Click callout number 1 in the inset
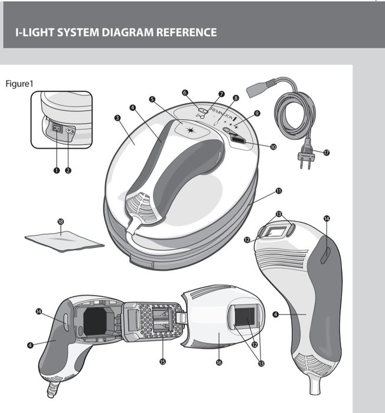coord(57,170)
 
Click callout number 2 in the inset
coord(68,170)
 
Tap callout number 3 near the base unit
coord(118,119)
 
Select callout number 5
coord(152,100)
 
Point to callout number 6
coord(185,93)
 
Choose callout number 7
coord(221,94)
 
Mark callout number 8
coord(236,98)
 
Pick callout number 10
coord(273,147)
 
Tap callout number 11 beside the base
coord(278,191)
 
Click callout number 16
coord(218,362)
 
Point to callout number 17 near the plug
coord(327,152)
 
